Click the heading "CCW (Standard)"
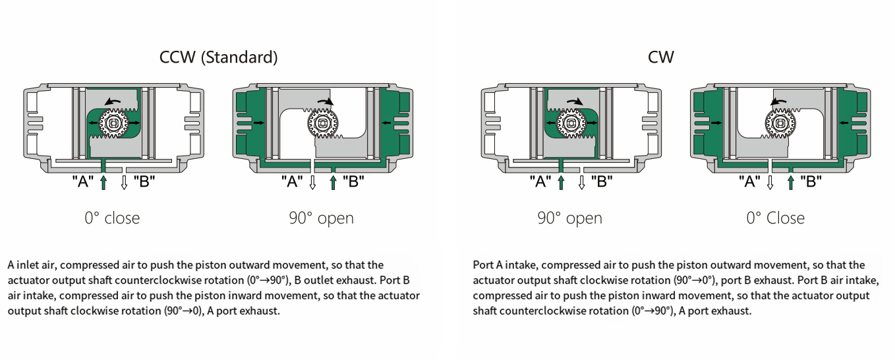tap(218, 57)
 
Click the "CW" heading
tap(660, 57)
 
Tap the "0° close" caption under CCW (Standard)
tap(112, 218)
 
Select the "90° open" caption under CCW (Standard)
tap(321, 218)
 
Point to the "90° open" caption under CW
tap(569, 218)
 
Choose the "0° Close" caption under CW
tap(775, 218)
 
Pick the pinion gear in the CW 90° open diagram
tap(571, 123)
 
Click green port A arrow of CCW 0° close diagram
tap(103, 182)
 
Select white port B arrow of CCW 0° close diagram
tap(124, 182)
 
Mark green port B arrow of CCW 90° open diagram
tap(333, 182)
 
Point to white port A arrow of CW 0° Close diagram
tap(770, 182)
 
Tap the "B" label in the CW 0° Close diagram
tap(811, 181)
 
